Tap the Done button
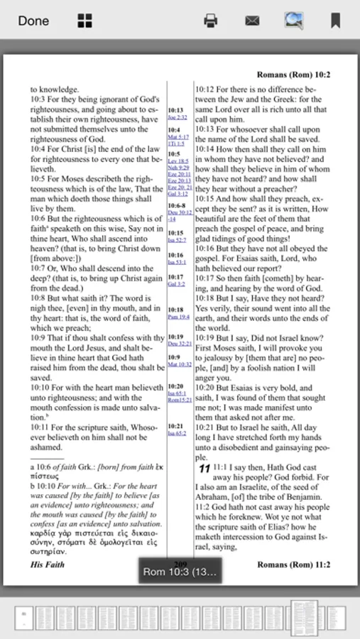point(33,21)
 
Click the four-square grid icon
point(85,21)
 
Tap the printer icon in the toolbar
point(211,21)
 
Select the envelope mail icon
point(252,21)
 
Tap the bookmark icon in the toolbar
point(335,21)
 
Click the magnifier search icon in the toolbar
point(294,21)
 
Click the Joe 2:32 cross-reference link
point(178,117)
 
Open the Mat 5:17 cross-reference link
point(178,137)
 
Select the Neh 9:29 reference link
point(178,168)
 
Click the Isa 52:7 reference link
point(177,240)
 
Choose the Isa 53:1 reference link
point(177,262)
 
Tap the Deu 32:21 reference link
point(180,343)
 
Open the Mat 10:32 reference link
point(180,364)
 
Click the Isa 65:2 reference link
point(177,432)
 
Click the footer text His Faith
point(47,564)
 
